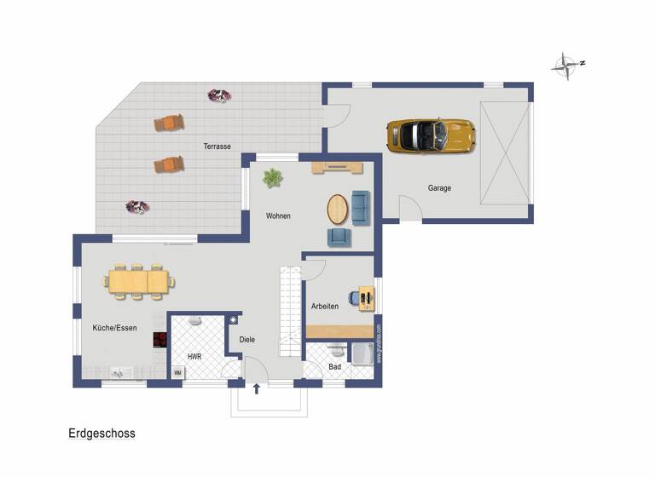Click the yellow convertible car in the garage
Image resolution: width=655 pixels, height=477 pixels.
pyautogui.click(x=430, y=135)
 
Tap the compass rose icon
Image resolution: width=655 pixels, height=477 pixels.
pyautogui.click(x=565, y=65)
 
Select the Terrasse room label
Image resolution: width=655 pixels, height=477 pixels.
pyautogui.click(x=217, y=147)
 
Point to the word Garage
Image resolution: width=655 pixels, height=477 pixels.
pyautogui.click(x=439, y=188)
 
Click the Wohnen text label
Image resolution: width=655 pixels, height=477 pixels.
pyautogui.click(x=278, y=216)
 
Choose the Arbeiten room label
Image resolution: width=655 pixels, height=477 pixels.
pyautogui.click(x=325, y=306)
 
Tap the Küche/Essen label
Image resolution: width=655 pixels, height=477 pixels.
pyautogui.click(x=114, y=328)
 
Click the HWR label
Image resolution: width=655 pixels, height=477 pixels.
pyautogui.click(x=194, y=356)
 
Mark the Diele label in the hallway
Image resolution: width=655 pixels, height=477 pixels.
pyautogui.click(x=246, y=339)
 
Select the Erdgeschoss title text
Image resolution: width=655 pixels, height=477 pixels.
pyautogui.click(x=101, y=434)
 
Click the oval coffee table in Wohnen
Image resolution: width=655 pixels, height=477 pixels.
pyautogui.click(x=339, y=209)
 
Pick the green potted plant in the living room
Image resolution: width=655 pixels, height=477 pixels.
pyautogui.click(x=272, y=178)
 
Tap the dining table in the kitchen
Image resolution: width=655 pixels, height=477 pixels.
pyautogui.click(x=138, y=280)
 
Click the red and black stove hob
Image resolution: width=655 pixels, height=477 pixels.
pyautogui.click(x=159, y=339)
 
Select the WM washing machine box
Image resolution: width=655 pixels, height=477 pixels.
pyautogui.click(x=177, y=373)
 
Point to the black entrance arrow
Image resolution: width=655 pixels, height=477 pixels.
pyautogui.click(x=257, y=390)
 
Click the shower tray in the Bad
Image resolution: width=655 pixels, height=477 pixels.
pyautogui.click(x=362, y=353)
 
